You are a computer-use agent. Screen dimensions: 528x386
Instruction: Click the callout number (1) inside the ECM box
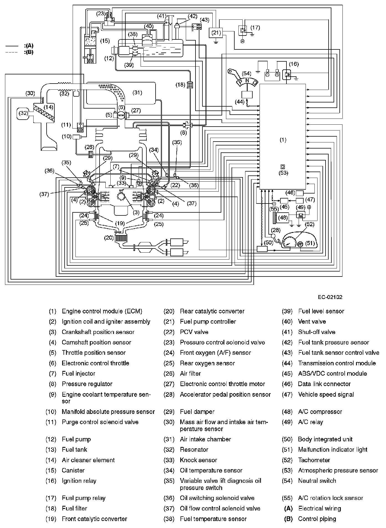pyautogui.click(x=283, y=140)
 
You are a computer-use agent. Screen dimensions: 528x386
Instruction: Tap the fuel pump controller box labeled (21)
pyautogui.click(x=216, y=33)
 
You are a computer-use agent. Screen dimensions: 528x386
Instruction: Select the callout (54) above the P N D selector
pyautogui.click(x=246, y=74)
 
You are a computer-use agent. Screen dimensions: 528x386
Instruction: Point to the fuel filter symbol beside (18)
pyautogui.click(x=190, y=84)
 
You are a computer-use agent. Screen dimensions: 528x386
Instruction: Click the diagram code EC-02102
pyautogui.click(x=330, y=297)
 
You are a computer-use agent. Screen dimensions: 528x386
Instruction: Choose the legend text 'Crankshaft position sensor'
pyautogui.click(x=98, y=332)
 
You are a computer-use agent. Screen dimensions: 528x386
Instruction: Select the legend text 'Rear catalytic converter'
pyautogui.click(x=212, y=311)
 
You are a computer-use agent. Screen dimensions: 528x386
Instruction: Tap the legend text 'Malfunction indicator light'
pyautogui.click(x=332, y=449)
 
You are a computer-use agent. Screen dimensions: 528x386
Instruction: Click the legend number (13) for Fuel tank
pyautogui.click(x=51, y=449)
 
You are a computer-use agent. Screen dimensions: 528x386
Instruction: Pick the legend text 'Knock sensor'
pyautogui.click(x=198, y=460)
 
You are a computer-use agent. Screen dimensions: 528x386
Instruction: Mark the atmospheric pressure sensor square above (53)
pyautogui.click(x=283, y=167)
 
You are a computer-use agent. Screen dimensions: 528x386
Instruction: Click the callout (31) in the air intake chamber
pyautogui.click(x=137, y=92)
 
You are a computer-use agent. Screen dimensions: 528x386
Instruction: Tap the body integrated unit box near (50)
pyautogui.click(x=262, y=249)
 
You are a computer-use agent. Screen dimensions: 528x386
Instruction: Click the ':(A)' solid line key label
pyautogui.click(x=29, y=46)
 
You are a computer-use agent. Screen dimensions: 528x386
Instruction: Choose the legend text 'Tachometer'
pyautogui.click(x=314, y=460)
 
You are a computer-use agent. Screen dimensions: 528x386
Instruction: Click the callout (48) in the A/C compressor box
pyautogui.click(x=283, y=218)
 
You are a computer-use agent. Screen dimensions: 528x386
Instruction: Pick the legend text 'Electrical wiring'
pyautogui.click(x=319, y=508)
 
